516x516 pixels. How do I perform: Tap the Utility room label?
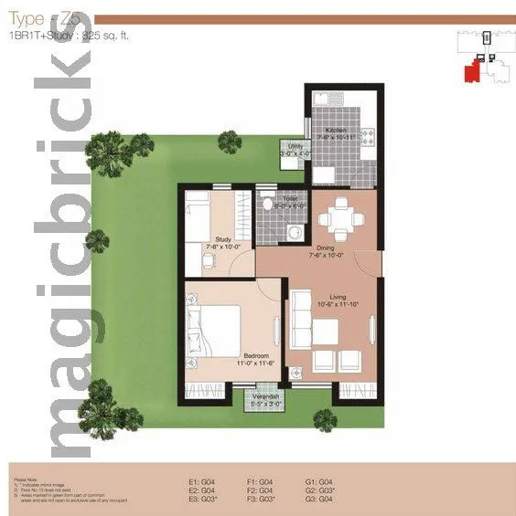(x=294, y=146)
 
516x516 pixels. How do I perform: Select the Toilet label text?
(x=289, y=198)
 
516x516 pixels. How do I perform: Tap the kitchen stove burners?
(x=368, y=137)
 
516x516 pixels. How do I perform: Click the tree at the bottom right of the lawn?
(x=325, y=418)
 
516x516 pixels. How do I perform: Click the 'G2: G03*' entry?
(x=319, y=490)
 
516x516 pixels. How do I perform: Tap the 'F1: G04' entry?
(x=261, y=480)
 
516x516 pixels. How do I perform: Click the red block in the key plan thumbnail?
(x=471, y=71)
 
